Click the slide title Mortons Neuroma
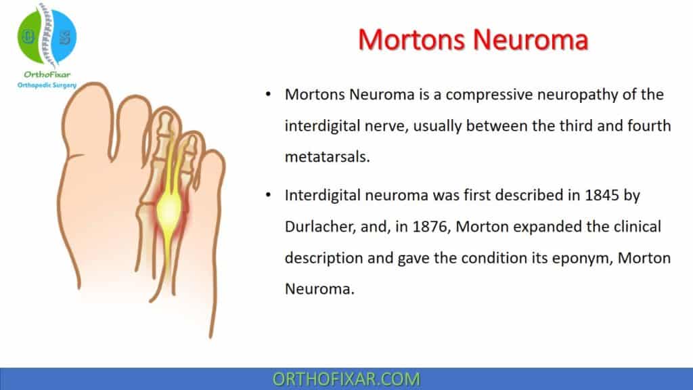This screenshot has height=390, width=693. (x=472, y=39)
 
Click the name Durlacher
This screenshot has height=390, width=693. (x=319, y=226)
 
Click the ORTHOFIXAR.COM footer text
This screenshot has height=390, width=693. (x=346, y=378)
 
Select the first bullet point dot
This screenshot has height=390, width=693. (x=269, y=95)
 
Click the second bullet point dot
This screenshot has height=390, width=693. (x=269, y=196)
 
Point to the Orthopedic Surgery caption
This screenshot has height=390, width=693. (x=47, y=85)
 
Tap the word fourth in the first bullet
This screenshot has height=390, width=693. (x=644, y=126)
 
